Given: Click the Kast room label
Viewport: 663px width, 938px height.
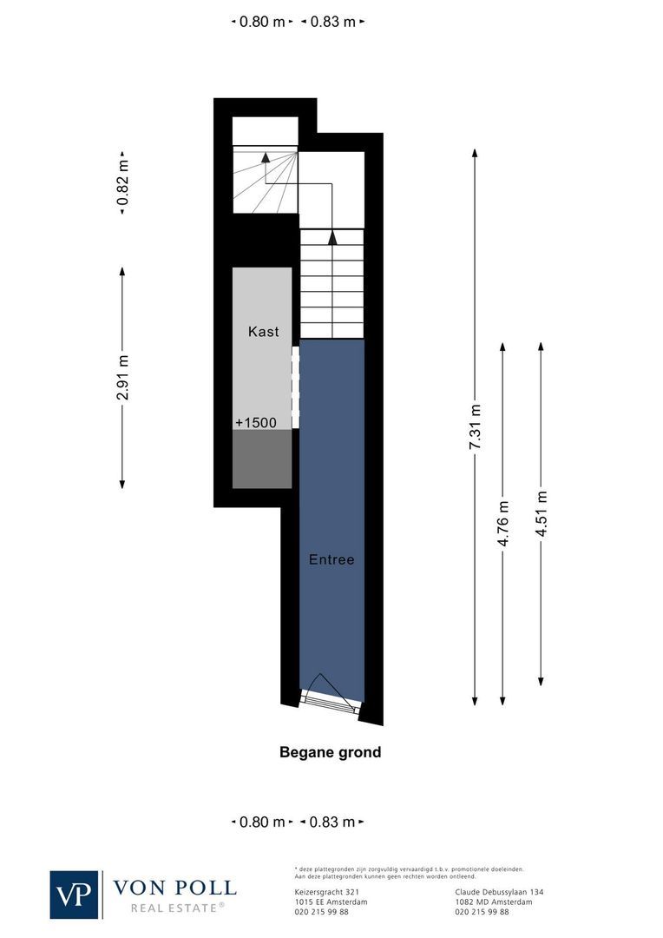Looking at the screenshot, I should tap(264, 331).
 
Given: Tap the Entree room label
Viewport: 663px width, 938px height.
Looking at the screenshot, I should tap(331, 559).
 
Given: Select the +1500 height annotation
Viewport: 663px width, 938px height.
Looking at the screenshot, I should tap(255, 423).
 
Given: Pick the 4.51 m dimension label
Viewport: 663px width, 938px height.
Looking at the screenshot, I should tap(542, 513).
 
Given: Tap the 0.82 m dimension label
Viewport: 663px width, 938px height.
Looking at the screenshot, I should tap(122, 183).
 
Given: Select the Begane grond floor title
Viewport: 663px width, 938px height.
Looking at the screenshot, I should tap(330, 752).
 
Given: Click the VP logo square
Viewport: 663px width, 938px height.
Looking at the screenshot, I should tap(75, 894).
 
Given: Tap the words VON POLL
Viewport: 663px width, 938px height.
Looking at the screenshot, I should tap(174, 887).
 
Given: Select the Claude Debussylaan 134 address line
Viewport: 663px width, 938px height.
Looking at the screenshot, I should tap(499, 891).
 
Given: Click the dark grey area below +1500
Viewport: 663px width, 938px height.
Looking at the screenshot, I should tap(262, 459).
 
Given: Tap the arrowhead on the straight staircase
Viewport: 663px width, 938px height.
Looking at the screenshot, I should tap(331, 234).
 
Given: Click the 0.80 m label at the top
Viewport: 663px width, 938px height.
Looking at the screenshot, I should tap(261, 22).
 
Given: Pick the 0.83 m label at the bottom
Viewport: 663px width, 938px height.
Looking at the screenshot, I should tap(332, 821).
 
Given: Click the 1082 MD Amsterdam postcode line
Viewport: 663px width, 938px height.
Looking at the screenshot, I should tap(494, 902).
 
